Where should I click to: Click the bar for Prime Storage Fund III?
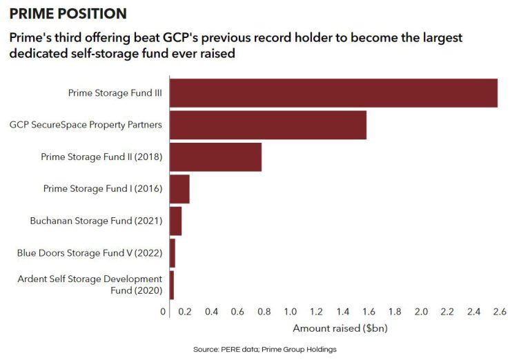click(x=333, y=93)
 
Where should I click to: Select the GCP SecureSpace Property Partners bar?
click(x=268, y=125)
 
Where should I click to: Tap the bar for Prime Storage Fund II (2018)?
click(x=215, y=157)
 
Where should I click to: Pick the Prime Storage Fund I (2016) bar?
click(x=179, y=189)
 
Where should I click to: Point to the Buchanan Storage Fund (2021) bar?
click(x=175, y=221)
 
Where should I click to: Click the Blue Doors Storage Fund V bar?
click(x=172, y=253)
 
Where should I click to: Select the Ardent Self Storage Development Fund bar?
click(x=171, y=285)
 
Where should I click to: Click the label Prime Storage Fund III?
click(x=115, y=93)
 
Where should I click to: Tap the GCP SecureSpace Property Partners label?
click(x=86, y=125)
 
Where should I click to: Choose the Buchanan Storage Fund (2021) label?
click(x=96, y=221)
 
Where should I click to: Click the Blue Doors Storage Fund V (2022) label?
click(x=90, y=253)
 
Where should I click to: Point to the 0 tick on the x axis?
click(x=164, y=312)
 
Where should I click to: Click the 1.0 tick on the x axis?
click(x=290, y=312)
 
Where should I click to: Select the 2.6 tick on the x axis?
click(x=500, y=312)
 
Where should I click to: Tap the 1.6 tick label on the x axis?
click(x=369, y=312)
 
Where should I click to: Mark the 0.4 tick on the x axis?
click(x=211, y=312)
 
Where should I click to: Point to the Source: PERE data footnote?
click(x=265, y=350)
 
